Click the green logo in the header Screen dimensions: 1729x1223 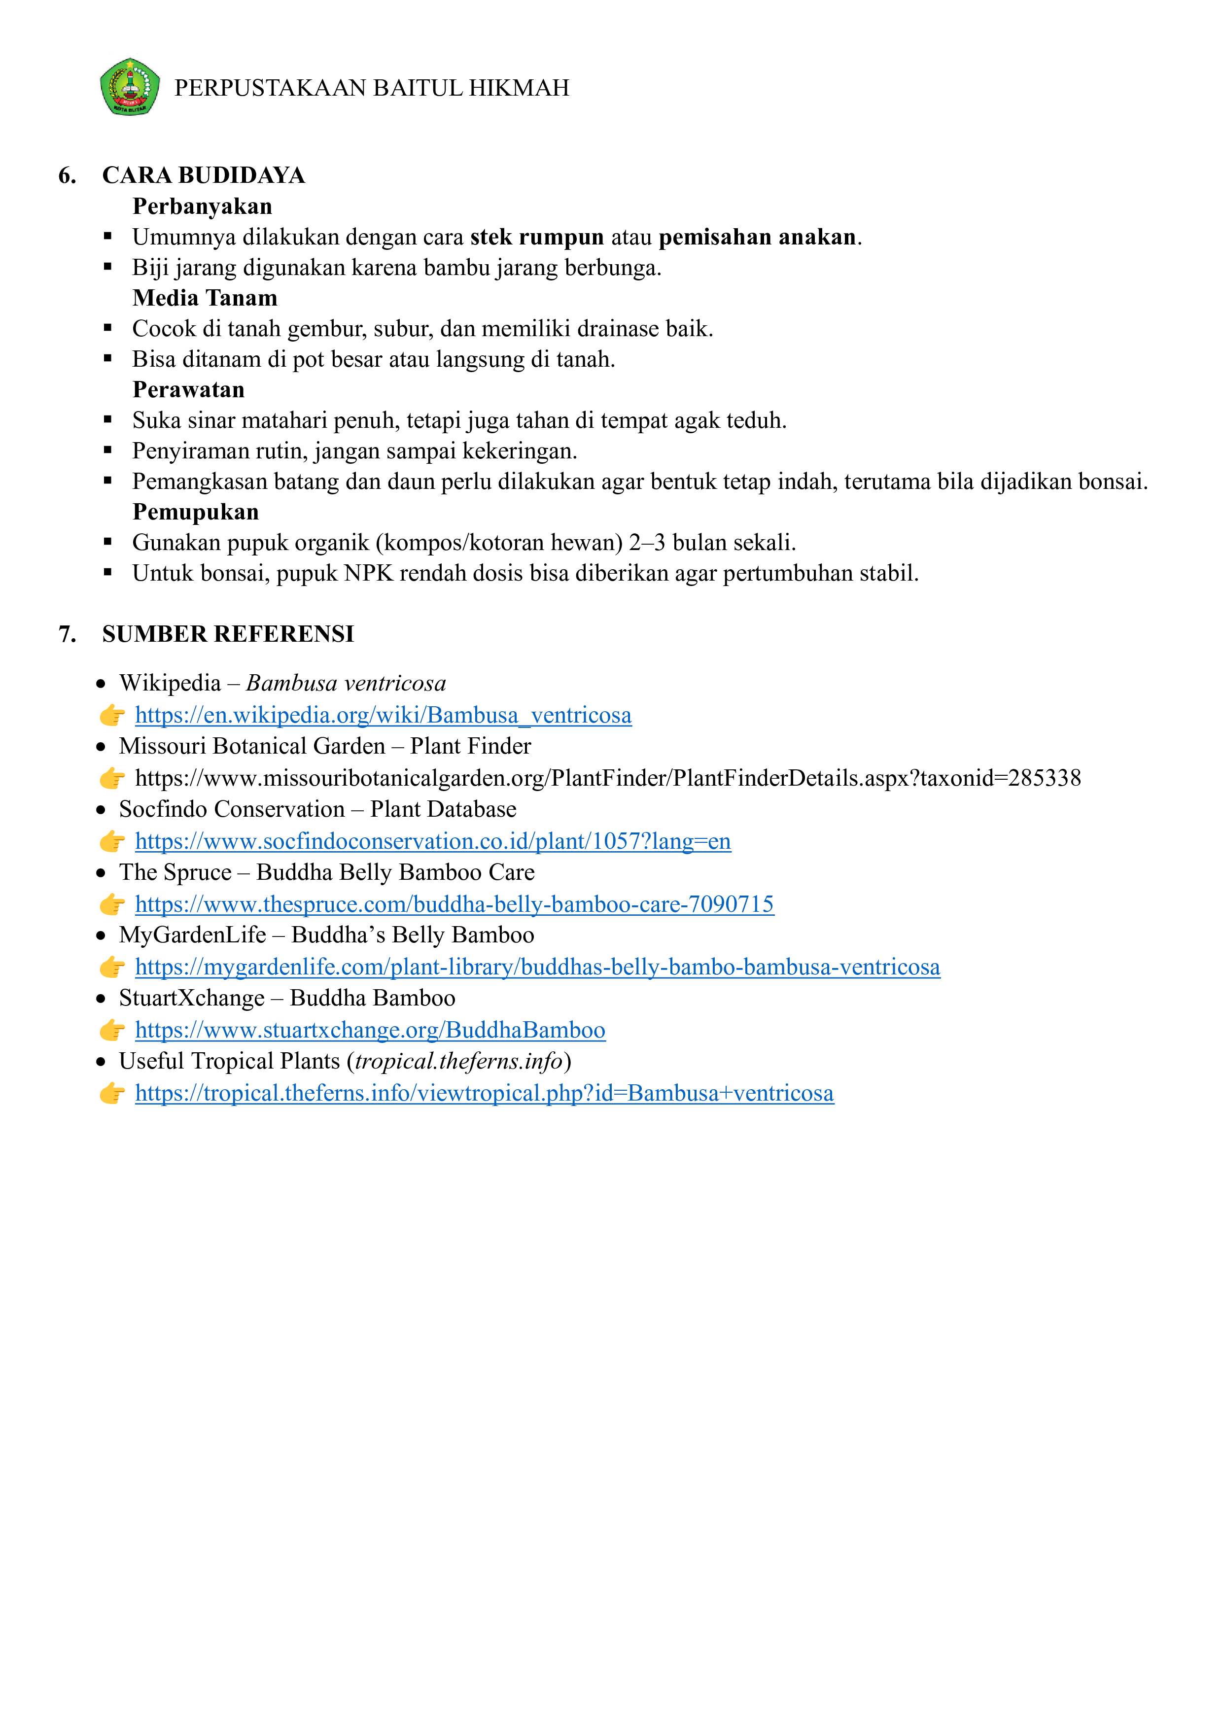[x=130, y=87]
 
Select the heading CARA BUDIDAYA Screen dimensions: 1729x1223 [x=203, y=175]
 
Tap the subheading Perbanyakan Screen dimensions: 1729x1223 [x=202, y=207]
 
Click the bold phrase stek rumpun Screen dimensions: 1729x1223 [x=537, y=237]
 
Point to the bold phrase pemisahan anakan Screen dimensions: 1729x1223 [x=757, y=237]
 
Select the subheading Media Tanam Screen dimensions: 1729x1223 [x=205, y=298]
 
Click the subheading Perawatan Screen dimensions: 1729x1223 [x=188, y=390]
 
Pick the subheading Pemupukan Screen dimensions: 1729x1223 [x=195, y=512]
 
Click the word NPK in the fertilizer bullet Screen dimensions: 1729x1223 [x=368, y=574]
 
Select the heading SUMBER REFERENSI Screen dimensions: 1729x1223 [x=227, y=634]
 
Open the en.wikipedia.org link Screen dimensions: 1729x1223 [x=383, y=715]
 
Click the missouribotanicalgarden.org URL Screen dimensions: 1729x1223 [x=607, y=778]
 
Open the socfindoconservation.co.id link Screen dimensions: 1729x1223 [x=432, y=841]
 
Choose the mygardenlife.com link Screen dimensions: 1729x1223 [x=537, y=967]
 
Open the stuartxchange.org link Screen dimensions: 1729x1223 [x=370, y=1030]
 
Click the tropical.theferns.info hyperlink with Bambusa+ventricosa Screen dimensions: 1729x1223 [x=484, y=1093]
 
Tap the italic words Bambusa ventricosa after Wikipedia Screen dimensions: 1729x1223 [x=346, y=684]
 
